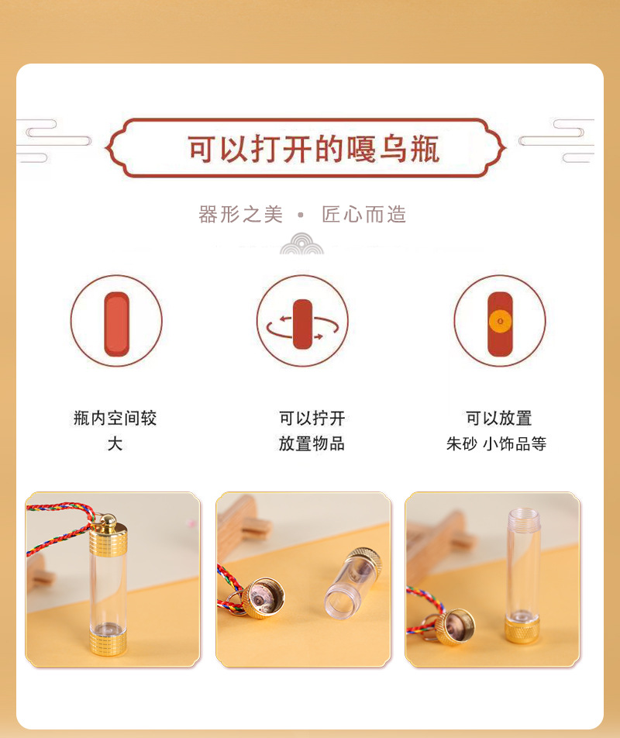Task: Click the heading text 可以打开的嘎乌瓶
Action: tap(313, 149)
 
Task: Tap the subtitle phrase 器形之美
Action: tap(241, 215)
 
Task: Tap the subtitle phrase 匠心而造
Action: tap(364, 215)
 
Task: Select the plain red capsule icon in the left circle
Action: tap(116, 322)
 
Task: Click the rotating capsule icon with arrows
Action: tap(302, 323)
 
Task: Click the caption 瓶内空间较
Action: tap(115, 419)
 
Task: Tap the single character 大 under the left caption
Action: tap(115, 443)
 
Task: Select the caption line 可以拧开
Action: tap(312, 419)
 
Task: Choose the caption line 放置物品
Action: tap(312, 443)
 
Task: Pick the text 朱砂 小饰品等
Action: tap(496, 443)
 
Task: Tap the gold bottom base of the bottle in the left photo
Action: tap(108, 643)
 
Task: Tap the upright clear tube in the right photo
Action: tap(523, 558)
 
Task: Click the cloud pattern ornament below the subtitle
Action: tap(301, 243)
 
